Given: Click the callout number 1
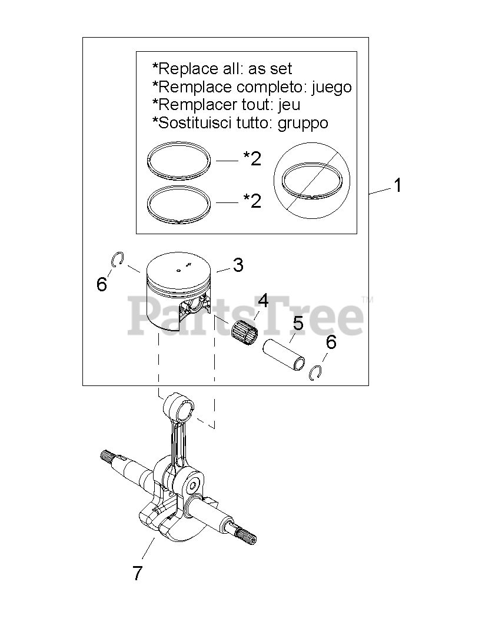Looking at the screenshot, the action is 398,186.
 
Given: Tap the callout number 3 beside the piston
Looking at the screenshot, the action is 238,265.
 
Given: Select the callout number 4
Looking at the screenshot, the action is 262,301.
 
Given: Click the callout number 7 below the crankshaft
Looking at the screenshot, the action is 137,572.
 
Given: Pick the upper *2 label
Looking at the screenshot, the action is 252,158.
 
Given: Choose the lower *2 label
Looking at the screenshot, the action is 252,201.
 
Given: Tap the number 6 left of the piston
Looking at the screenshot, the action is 102,285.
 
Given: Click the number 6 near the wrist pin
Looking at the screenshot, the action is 331,342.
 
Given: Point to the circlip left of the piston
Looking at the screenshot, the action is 117,259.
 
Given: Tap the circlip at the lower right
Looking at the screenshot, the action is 317,372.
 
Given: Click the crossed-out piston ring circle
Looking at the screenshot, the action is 312,178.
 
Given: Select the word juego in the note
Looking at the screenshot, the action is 331,88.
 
